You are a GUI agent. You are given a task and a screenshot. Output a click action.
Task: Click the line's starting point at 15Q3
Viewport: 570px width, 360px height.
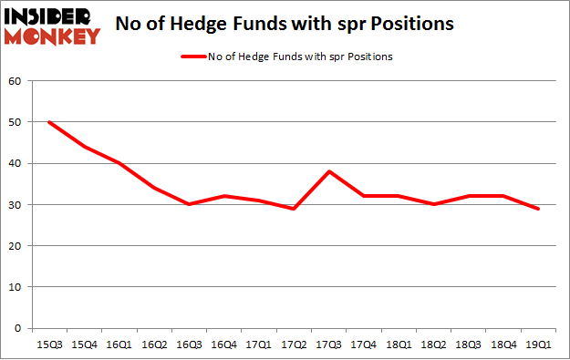pyautogui.click(x=49, y=122)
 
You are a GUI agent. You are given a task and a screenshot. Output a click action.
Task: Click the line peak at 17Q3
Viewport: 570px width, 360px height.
pyautogui.click(x=328, y=171)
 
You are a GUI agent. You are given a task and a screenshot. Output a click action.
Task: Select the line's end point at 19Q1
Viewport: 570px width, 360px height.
pyautogui.click(x=538, y=209)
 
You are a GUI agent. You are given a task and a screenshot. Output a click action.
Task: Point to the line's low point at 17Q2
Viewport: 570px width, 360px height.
pyautogui.click(x=294, y=209)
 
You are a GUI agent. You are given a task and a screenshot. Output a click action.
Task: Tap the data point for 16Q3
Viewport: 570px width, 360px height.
pyautogui.click(x=189, y=204)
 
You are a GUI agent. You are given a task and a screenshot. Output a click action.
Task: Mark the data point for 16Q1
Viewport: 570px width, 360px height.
pyautogui.click(x=119, y=163)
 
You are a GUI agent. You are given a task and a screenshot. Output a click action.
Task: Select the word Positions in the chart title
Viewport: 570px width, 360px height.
pyautogui.click(x=415, y=25)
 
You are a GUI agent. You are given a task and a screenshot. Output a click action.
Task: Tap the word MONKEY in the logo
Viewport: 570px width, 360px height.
pyautogui.click(x=52, y=36)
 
